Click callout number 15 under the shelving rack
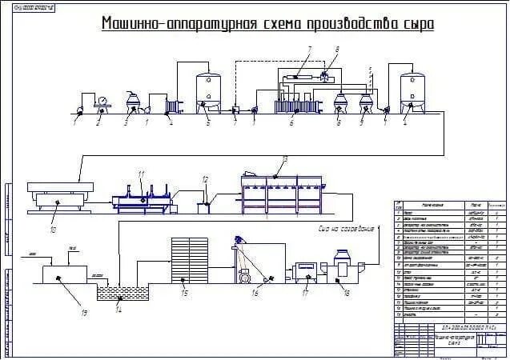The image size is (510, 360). click(185, 294)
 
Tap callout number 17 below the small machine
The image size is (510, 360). click(305, 294)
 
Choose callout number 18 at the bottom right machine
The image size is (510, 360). click(347, 294)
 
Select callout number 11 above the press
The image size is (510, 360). click(141, 174)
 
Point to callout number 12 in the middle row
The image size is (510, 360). click(205, 179)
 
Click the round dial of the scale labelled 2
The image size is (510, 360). click(102, 101)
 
